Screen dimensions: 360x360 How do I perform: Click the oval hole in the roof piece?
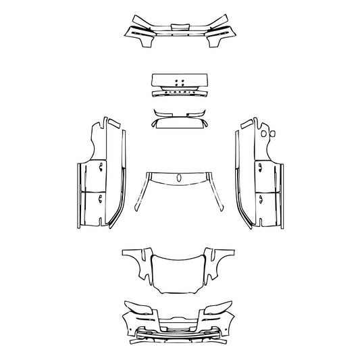(180, 178)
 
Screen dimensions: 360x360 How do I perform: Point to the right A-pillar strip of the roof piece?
(217, 192)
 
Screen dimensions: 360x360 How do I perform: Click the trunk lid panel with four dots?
(180, 80)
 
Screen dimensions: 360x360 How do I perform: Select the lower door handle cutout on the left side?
(99, 197)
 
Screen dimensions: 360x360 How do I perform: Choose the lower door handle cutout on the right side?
(261, 197)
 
